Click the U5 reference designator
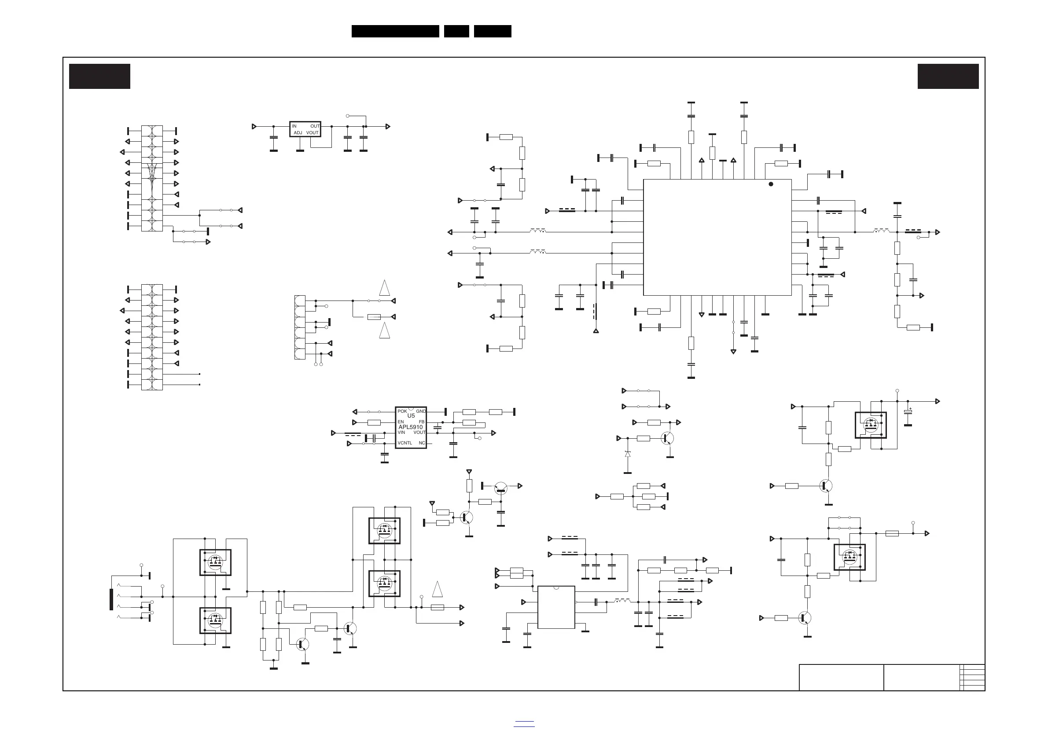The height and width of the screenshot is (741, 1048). (x=411, y=416)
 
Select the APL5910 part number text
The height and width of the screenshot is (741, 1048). (x=410, y=427)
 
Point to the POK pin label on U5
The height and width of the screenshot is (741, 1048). (x=402, y=411)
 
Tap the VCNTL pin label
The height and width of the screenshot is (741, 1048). (x=404, y=443)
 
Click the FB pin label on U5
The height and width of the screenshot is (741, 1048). (x=421, y=422)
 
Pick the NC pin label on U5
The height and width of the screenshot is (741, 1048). (x=422, y=443)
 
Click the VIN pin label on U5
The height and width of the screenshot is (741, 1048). (x=401, y=433)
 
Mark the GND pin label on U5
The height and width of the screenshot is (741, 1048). (x=420, y=411)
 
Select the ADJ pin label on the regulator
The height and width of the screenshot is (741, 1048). (x=298, y=133)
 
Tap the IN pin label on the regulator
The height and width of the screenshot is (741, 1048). (x=294, y=126)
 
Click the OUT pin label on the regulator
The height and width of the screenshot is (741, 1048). (x=315, y=126)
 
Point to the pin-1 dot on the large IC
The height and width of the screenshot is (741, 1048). (x=771, y=184)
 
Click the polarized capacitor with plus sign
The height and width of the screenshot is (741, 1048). (x=908, y=412)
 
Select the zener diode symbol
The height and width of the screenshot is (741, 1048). (x=628, y=454)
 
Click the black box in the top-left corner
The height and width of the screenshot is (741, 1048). (x=99, y=76)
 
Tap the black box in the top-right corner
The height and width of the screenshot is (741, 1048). (x=948, y=76)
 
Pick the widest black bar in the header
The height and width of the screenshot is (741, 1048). (x=395, y=31)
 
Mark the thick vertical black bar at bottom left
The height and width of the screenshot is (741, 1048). (x=111, y=599)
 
